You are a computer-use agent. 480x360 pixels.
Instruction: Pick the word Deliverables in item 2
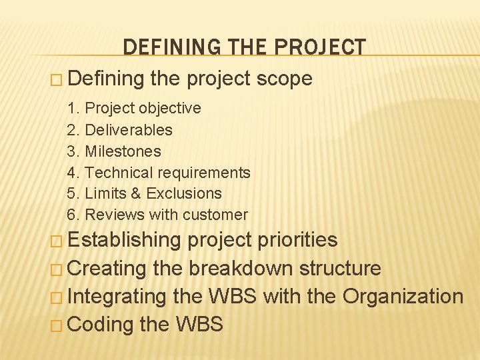pos(129,130)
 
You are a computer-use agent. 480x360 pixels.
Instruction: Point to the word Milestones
pos(123,151)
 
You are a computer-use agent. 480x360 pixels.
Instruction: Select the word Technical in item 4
pos(117,173)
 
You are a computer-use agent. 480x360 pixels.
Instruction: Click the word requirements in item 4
pos(202,173)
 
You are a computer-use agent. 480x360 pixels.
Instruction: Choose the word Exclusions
pos(184,193)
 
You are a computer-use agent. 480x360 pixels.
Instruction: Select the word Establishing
pos(125,240)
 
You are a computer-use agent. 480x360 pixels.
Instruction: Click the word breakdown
pos(241,269)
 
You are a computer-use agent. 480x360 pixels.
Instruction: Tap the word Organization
pos(403,296)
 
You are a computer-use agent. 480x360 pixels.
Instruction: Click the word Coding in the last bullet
pos(101,325)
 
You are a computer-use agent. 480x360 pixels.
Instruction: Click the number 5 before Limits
pos(72,193)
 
